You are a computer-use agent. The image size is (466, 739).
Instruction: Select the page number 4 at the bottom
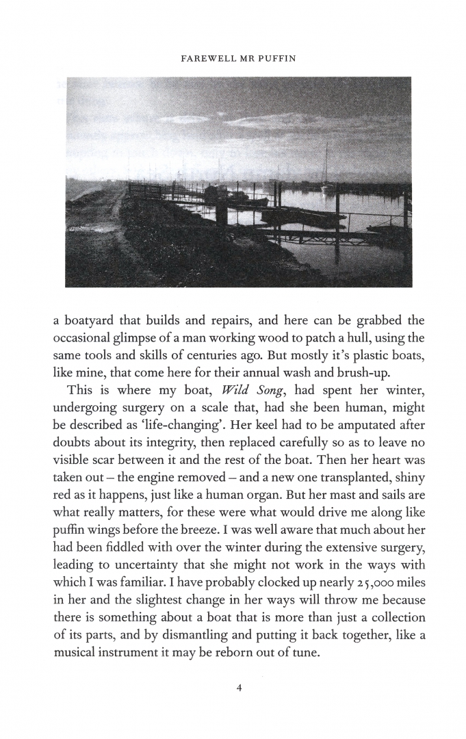(x=239, y=688)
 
